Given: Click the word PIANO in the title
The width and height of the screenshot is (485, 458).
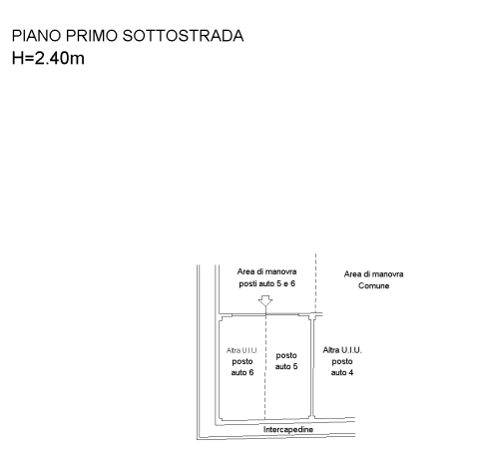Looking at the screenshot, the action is pyautogui.click(x=36, y=36).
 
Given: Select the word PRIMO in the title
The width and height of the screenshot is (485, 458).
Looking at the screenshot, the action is pyautogui.click(x=92, y=36).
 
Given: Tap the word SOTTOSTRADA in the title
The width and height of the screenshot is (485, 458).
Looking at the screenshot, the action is pyautogui.click(x=183, y=36).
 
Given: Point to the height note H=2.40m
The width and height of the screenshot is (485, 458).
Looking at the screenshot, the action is pyautogui.click(x=48, y=58).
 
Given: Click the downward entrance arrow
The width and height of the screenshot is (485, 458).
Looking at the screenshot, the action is pyautogui.click(x=265, y=301).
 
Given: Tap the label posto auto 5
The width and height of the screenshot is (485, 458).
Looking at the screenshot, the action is pyautogui.click(x=286, y=361).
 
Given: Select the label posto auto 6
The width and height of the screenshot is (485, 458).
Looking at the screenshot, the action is pyautogui.click(x=242, y=367).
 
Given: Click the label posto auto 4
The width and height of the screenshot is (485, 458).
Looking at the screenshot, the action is pyautogui.click(x=342, y=367).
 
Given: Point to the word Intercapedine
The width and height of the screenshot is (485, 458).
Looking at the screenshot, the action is pyautogui.click(x=288, y=429).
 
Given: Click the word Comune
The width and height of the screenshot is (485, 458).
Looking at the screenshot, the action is pyautogui.click(x=373, y=285).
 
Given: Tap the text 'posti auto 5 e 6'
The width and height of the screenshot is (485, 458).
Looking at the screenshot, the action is pyautogui.click(x=266, y=283).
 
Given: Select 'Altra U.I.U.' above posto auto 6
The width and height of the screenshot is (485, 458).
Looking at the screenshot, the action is pyautogui.click(x=242, y=350).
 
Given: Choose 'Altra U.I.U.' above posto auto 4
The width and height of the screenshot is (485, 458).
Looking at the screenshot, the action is pyautogui.click(x=342, y=350).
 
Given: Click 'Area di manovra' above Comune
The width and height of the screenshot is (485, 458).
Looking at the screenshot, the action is pyautogui.click(x=373, y=274).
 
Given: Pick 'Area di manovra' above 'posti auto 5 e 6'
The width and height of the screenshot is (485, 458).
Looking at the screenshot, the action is pyautogui.click(x=266, y=271).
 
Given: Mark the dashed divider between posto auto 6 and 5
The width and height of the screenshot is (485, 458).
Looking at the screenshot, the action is pyautogui.click(x=265, y=366).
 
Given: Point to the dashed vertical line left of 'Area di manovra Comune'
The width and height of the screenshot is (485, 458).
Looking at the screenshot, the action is pyautogui.click(x=315, y=282).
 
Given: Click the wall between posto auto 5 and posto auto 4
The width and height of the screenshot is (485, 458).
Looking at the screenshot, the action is pyautogui.click(x=312, y=366).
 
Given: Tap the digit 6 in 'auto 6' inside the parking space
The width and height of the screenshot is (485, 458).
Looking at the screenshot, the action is pyautogui.click(x=251, y=372).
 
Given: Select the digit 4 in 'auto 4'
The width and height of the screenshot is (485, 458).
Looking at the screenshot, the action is pyautogui.click(x=351, y=372).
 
